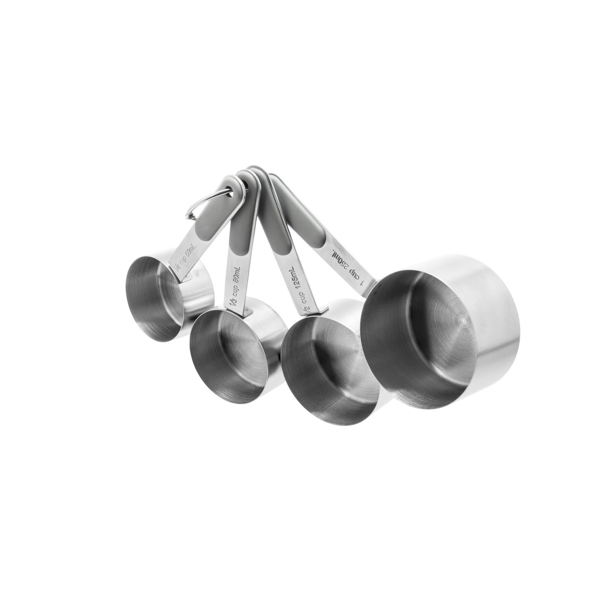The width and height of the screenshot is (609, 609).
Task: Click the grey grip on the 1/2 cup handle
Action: tap(270, 230)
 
